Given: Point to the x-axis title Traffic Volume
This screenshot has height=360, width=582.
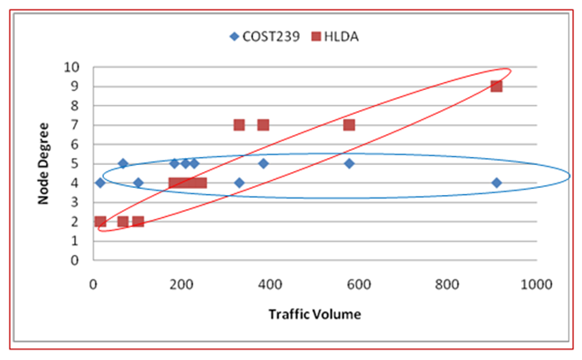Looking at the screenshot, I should [315, 313].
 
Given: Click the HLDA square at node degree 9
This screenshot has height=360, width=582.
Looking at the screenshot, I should [496, 86].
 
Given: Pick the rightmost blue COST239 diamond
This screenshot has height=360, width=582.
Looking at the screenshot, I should [496, 183].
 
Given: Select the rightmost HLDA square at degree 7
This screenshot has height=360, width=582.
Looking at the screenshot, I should [349, 124].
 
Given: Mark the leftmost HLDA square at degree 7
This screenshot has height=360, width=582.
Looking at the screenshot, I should [239, 124].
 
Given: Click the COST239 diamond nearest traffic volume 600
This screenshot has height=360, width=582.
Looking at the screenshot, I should [349, 163].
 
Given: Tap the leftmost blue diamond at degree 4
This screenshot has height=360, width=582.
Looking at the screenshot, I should [100, 183].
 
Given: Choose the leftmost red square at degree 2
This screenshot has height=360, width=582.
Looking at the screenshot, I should [100, 221].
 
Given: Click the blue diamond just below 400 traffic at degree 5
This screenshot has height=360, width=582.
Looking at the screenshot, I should [263, 163].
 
